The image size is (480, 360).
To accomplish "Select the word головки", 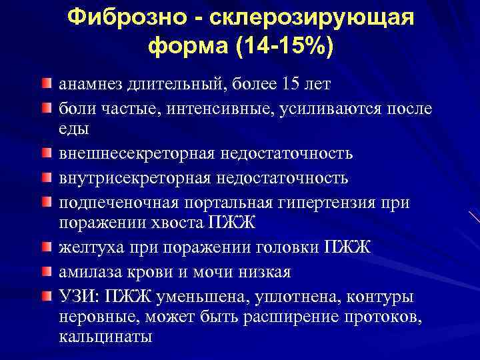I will pos(281,248).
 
